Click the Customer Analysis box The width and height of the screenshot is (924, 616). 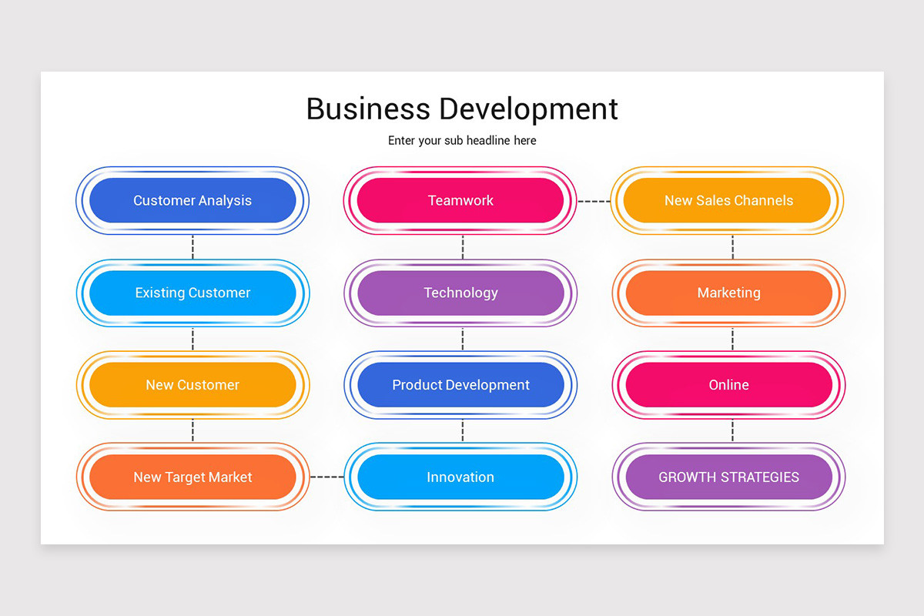[192, 200]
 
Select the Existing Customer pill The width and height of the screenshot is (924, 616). [192, 293]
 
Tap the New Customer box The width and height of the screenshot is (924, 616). [192, 385]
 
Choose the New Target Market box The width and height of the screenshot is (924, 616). [192, 477]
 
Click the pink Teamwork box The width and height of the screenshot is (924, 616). [460, 200]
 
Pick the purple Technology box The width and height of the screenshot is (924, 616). [460, 293]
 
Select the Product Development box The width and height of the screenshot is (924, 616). [460, 385]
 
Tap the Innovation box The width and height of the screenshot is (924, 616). [460, 477]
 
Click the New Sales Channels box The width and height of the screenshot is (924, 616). [728, 200]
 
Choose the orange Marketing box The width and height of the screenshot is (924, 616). [728, 293]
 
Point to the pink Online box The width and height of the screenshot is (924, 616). [728, 385]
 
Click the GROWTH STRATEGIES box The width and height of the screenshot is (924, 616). [728, 477]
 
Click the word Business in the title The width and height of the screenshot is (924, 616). [368, 109]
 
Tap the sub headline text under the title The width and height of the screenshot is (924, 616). [462, 141]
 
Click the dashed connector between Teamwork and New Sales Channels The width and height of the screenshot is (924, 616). [594, 201]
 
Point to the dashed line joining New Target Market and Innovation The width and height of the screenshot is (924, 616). [326, 477]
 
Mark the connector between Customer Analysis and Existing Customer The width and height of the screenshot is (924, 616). [192, 247]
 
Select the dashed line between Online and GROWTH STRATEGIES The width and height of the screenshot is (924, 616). [732, 431]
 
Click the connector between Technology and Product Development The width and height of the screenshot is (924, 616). [463, 339]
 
